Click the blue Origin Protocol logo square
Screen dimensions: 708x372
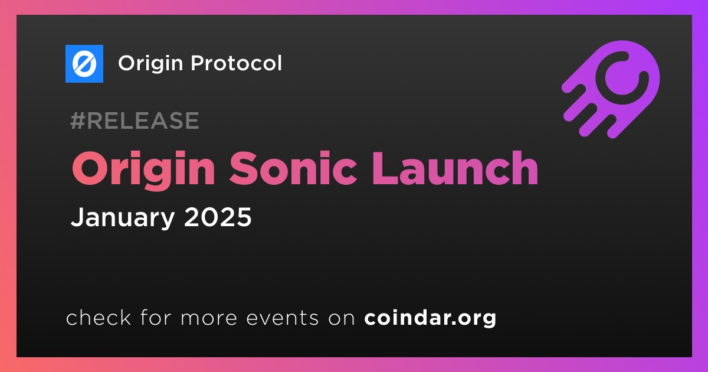tap(84, 64)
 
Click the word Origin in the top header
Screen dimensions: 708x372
tap(150, 64)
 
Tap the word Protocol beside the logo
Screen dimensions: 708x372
tap(236, 63)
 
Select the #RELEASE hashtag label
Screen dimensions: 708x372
tap(135, 120)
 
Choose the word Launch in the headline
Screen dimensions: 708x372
tap(454, 168)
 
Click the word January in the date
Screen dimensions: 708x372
tap(123, 217)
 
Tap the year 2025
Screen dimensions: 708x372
tap(218, 217)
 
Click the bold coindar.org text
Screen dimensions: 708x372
tap(430, 318)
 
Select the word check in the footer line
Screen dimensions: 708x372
tap(99, 317)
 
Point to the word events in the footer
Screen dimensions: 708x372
tap(282, 318)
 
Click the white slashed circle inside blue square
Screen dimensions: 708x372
tap(84, 64)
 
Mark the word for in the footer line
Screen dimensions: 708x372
tap(156, 317)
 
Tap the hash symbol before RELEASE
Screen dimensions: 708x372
tap(77, 120)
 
